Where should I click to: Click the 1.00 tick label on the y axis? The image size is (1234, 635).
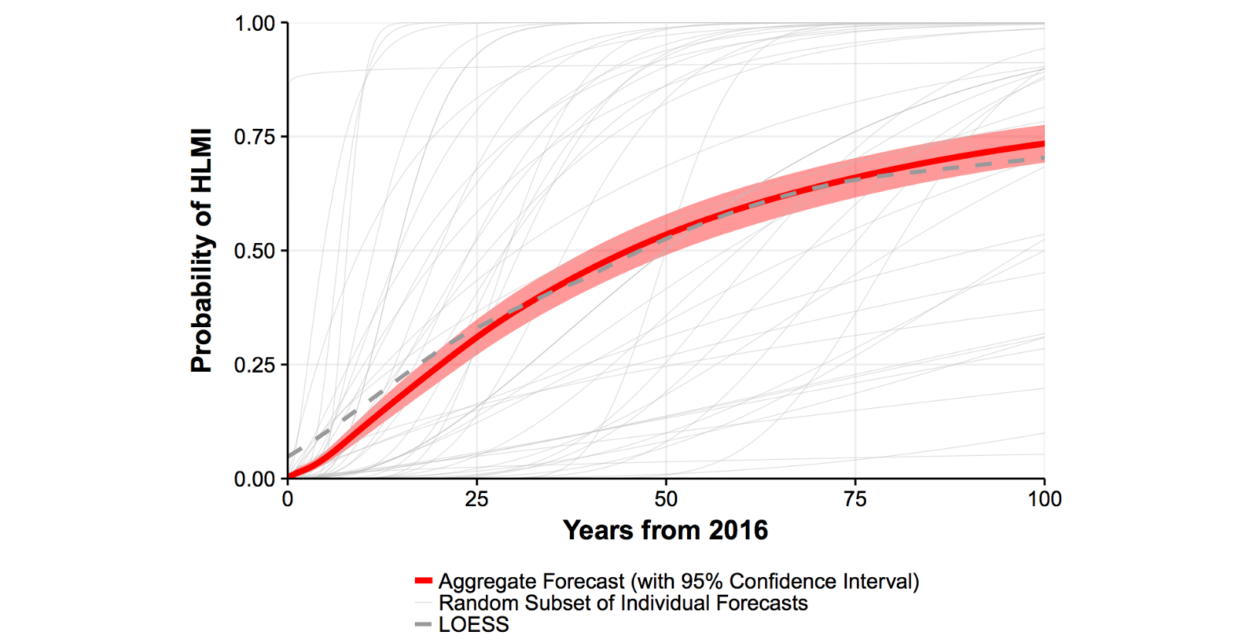coord(255,24)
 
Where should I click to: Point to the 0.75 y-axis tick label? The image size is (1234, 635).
coord(255,137)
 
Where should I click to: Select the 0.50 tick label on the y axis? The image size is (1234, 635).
coord(255,252)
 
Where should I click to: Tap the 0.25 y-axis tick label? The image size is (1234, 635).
coord(255,365)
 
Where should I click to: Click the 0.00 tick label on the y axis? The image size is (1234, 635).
coord(255,479)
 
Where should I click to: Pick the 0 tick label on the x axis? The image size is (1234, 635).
coord(288,499)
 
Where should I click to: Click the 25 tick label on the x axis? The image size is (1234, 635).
coord(477,499)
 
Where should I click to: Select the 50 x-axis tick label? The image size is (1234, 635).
coord(666,499)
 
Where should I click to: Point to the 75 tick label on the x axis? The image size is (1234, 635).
coord(855,499)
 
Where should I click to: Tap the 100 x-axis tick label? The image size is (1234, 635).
coord(1044,499)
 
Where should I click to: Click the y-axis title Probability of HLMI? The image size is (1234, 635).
coord(201,251)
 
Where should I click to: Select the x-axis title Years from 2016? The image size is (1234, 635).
coord(665,530)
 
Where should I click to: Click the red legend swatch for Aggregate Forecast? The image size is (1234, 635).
coord(423,581)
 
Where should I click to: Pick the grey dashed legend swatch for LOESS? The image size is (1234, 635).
coord(423,624)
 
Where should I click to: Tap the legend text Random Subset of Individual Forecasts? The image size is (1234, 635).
coord(623,603)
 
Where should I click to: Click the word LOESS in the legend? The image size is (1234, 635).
coord(474,625)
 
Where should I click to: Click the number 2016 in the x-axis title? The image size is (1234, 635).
coord(738,530)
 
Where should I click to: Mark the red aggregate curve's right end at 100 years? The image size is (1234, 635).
coord(1044,144)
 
